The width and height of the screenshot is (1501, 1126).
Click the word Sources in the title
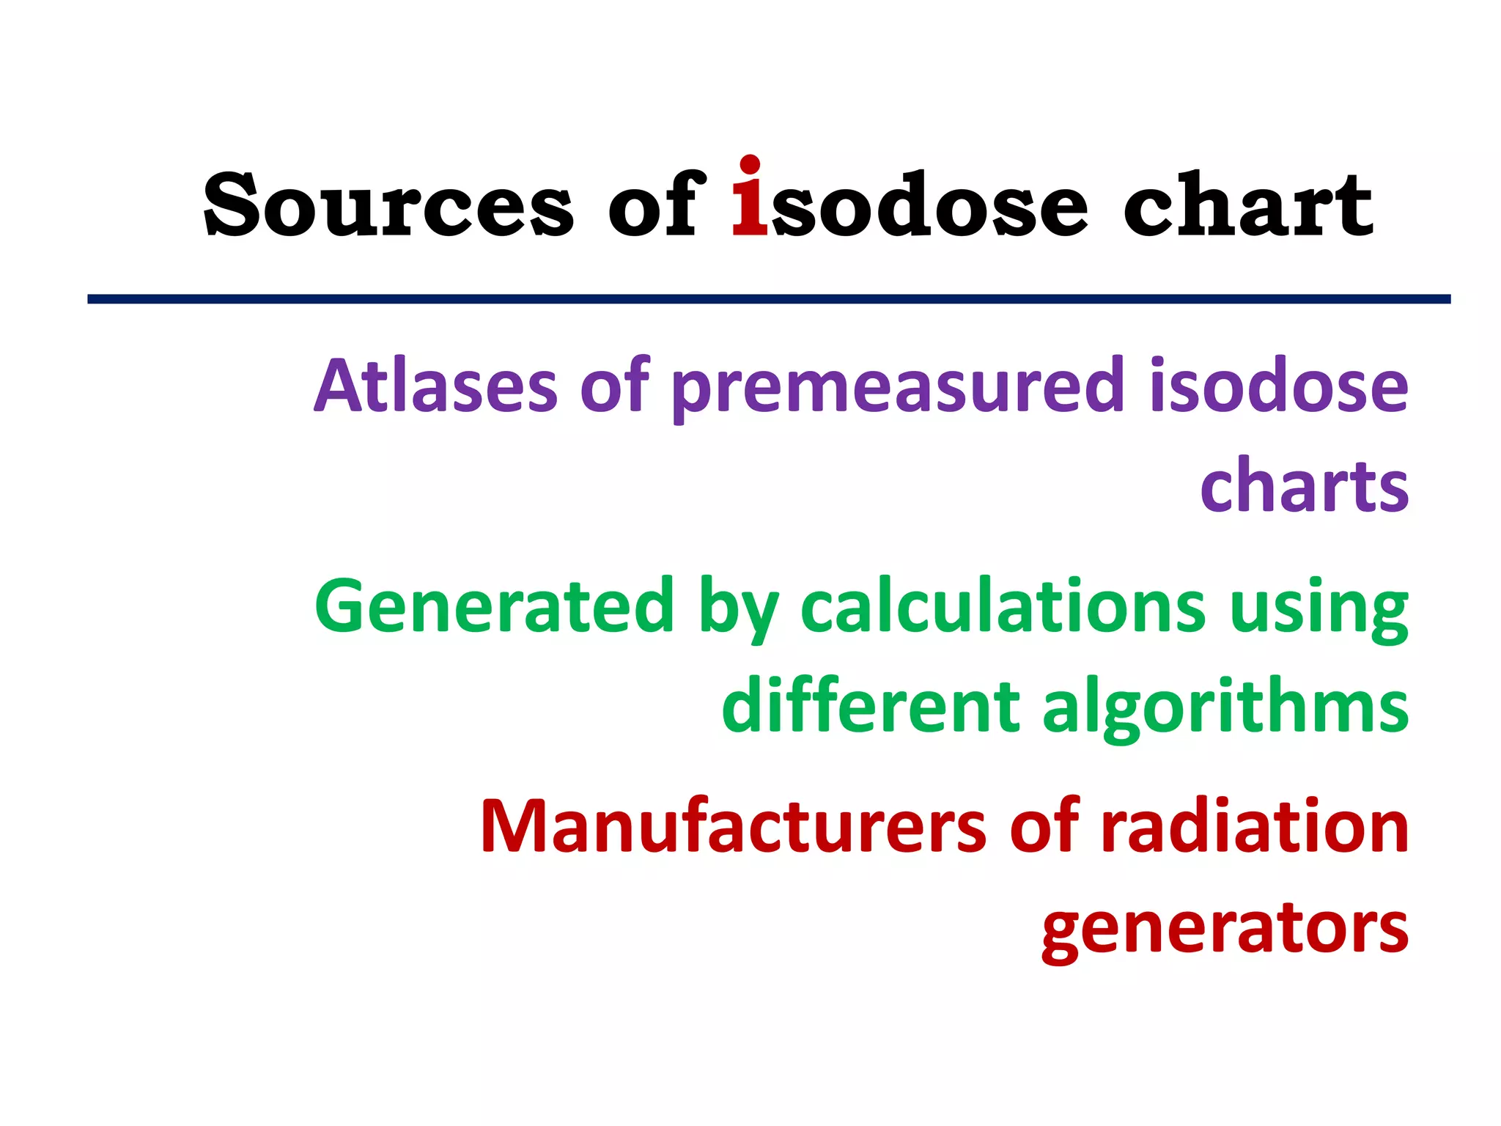click(388, 205)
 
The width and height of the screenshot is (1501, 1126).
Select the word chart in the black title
click(1248, 205)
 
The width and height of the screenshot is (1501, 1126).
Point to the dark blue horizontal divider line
click(769, 299)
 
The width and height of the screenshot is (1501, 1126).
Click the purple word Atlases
click(436, 386)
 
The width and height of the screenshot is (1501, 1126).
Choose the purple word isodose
click(1279, 386)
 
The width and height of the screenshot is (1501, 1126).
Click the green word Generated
click(494, 606)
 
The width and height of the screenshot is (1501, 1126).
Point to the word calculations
click(1003, 606)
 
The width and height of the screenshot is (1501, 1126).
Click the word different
click(871, 706)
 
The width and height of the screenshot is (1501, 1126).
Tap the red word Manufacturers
click(734, 826)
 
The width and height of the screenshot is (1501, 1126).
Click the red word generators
click(1225, 929)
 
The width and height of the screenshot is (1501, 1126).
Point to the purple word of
click(614, 386)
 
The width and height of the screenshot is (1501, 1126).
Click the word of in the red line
click(1044, 826)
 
